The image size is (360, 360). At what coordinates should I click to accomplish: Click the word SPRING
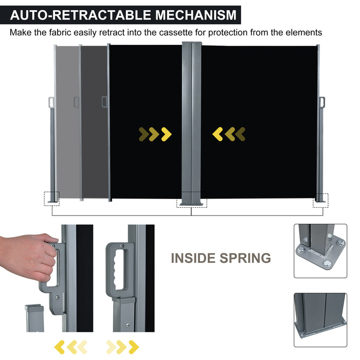coord(244,258)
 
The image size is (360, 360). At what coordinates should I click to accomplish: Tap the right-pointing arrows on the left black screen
coord(155,134)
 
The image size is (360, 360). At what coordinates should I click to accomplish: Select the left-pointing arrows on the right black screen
coord(229,134)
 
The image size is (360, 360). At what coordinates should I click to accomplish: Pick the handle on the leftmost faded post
coord(51,102)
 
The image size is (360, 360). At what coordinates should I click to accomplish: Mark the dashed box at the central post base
coord(191,200)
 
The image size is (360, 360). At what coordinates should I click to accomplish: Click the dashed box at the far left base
coord(52,198)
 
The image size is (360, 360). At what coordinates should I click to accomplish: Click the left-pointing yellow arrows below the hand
coord(70,347)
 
